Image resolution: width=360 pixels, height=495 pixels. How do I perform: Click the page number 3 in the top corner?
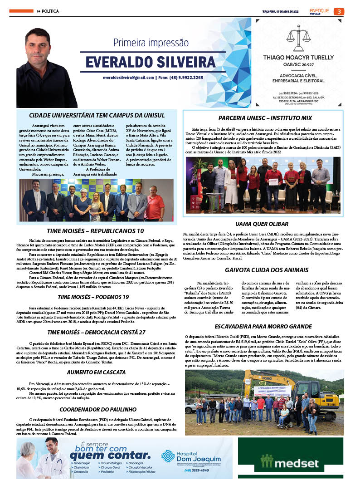[x=341, y=11]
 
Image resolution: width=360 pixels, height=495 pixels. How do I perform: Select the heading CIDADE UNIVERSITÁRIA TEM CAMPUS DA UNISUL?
[x=97, y=116]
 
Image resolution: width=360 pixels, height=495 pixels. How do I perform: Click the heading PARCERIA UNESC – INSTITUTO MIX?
[x=265, y=118]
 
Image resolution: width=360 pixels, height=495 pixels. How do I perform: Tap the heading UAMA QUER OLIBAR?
[x=262, y=224]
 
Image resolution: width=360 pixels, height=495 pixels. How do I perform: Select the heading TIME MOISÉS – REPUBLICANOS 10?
[x=98, y=231]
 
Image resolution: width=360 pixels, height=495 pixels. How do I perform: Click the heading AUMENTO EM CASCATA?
[x=96, y=372]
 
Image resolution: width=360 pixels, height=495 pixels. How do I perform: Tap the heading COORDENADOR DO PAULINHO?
[x=98, y=409]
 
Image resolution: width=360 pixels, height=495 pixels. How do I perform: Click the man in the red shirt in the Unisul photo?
[x=155, y=205]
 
